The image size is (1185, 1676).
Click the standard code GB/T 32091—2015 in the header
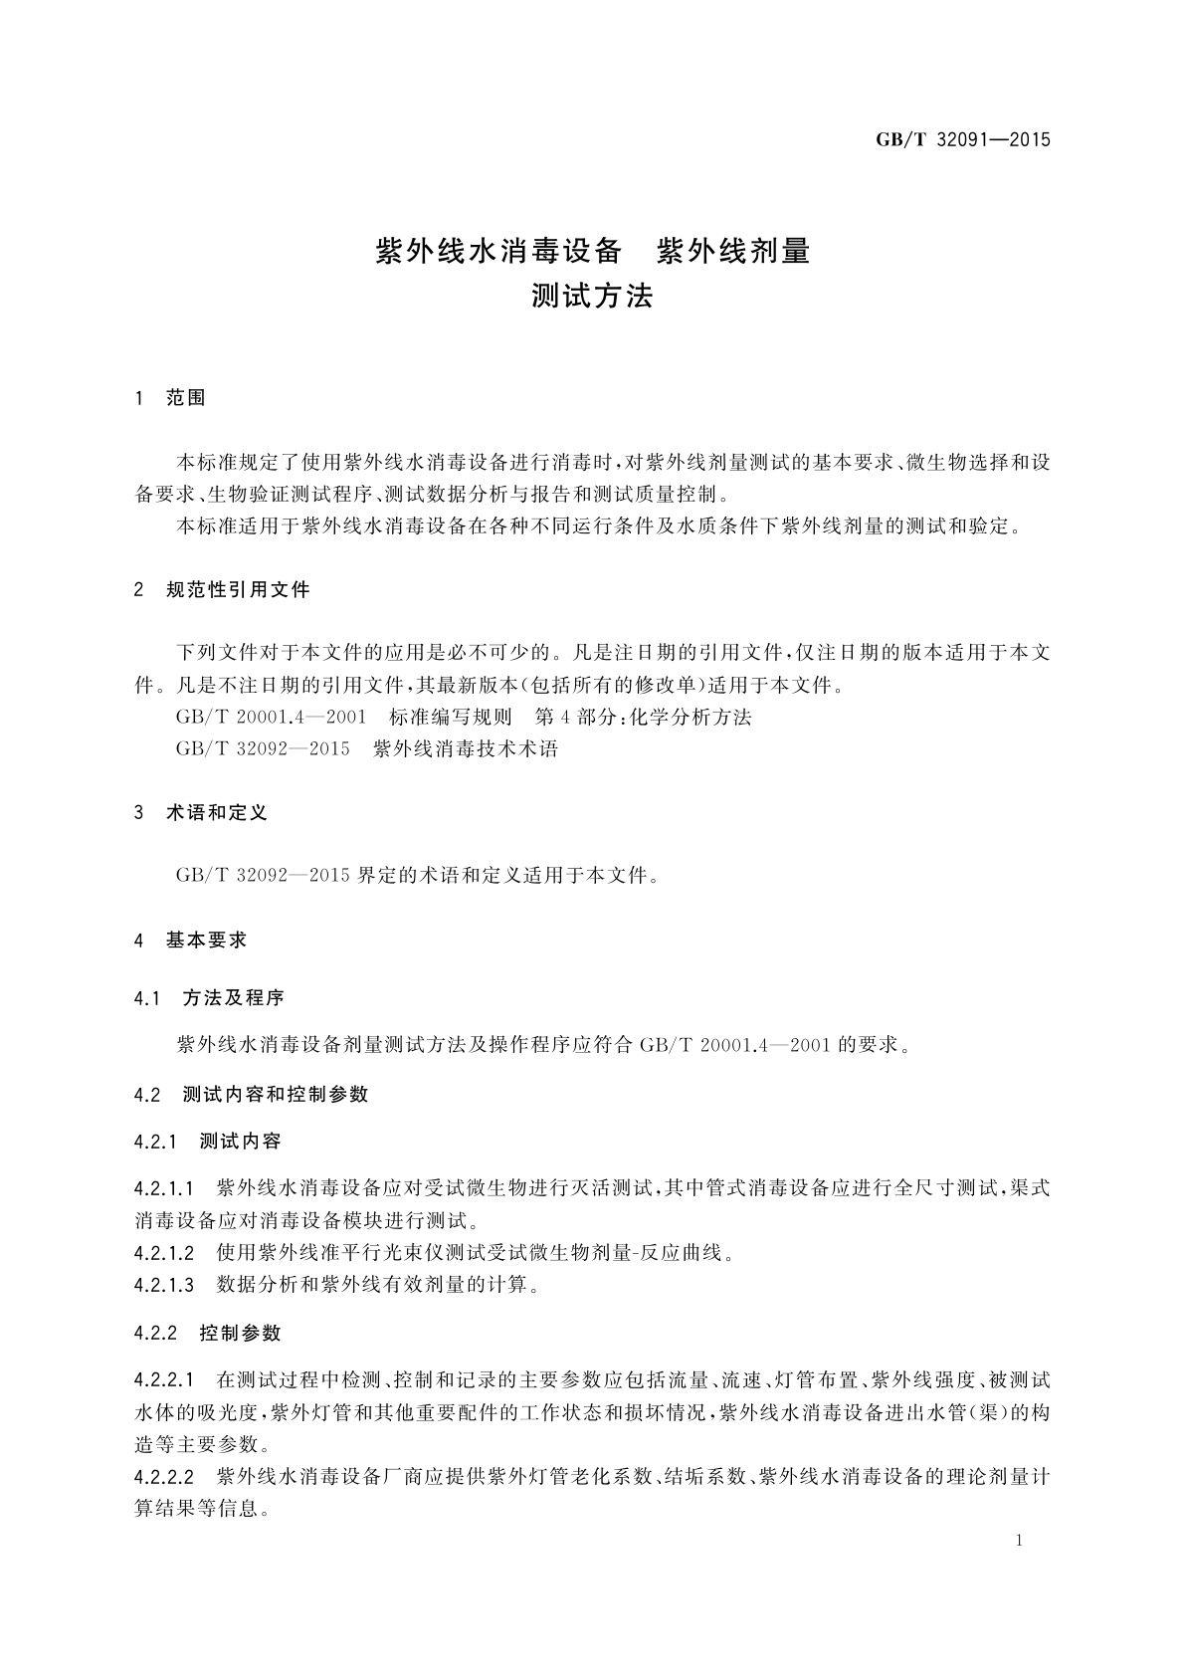point(962,139)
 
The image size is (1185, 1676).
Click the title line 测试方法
point(592,296)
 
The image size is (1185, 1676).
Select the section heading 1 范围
point(170,398)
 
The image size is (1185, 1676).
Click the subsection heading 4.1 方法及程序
point(210,997)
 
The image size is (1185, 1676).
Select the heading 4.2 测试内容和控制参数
point(252,1094)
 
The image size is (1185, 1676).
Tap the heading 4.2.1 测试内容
point(208,1141)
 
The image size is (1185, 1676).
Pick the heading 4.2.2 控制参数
point(208,1333)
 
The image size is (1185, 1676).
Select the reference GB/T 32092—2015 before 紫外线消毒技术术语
point(263,748)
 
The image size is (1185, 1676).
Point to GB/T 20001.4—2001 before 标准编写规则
point(271,717)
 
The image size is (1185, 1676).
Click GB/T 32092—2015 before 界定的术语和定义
point(263,876)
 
